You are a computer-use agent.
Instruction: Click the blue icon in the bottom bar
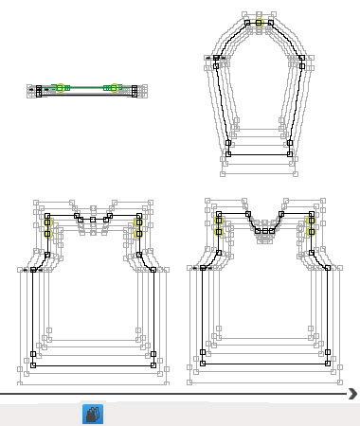tap(92, 414)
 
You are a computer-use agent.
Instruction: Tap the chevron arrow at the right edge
tap(352, 393)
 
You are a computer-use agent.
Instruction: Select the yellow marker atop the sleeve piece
tap(259, 21)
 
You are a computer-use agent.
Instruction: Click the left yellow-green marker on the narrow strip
tap(59, 88)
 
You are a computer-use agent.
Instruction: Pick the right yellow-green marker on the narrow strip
tap(116, 88)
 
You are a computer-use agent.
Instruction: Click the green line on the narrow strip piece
tap(86, 87)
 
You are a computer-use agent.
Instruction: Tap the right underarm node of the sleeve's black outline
tap(301, 59)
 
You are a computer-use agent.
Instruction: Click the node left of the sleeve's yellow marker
tap(247, 22)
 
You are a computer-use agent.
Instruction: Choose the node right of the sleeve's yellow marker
tap(270, 22)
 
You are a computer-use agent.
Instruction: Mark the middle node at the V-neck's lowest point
tap(264, 230)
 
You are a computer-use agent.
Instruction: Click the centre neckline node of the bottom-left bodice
tap(93, 220)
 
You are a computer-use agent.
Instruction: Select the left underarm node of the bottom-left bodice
tap(33, 270)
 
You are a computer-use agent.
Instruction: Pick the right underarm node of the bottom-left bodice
tap(153, 270)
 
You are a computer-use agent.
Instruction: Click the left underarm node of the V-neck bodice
tap(202, 268)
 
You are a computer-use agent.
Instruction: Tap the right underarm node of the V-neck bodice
tap(328, 268)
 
